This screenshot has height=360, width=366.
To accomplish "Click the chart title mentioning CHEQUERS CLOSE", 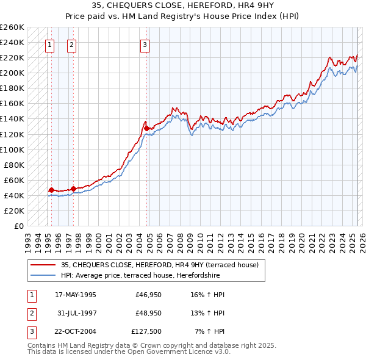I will coord(183,5).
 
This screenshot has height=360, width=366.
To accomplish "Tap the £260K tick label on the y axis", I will coord(12,27).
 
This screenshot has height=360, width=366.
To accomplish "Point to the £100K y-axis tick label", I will coord(12,149).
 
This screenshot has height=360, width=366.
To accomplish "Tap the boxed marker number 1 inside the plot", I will coord(49,44).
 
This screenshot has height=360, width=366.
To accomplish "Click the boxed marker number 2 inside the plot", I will coord(72,44).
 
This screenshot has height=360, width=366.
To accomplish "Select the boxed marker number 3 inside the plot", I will coord(145,44).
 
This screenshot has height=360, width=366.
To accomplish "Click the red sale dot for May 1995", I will coord(51,190).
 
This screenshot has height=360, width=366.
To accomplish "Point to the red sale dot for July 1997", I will coord(74,189).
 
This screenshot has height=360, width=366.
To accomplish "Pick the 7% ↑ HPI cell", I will coord(210,333).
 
